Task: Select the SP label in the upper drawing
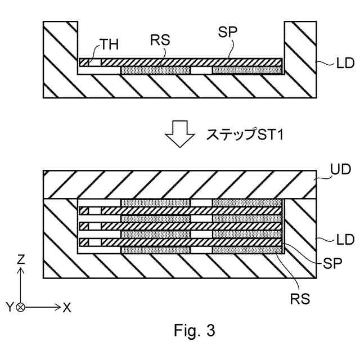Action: tap(227, 32)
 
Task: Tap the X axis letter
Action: tap(67, 307)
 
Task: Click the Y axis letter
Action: tap(10, 307)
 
